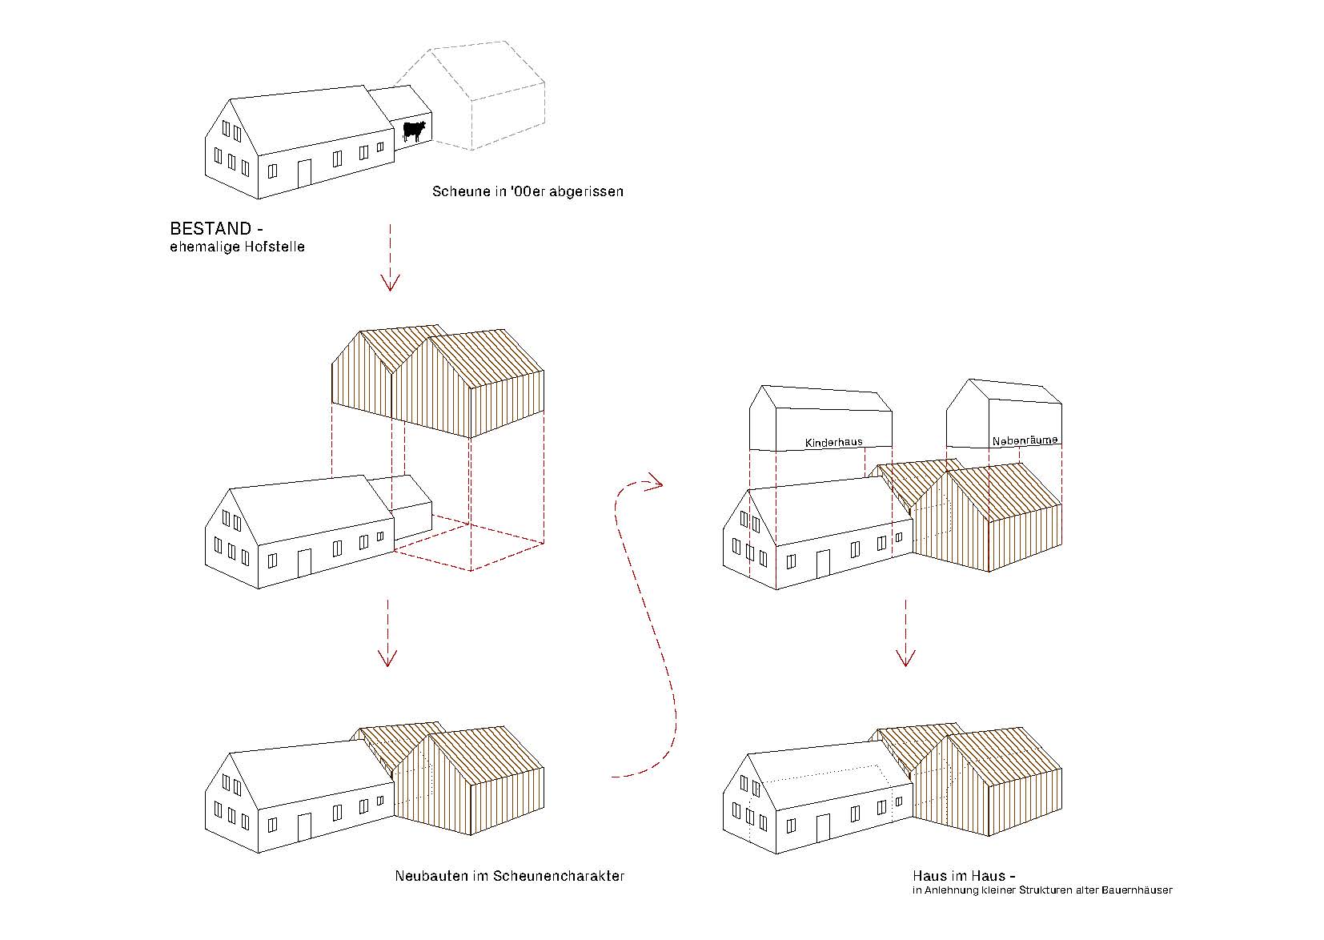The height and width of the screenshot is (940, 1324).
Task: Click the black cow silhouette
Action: pos(414,131)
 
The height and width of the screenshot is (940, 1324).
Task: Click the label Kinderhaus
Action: pos(833,442)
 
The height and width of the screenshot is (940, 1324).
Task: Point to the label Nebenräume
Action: pos(1025,440)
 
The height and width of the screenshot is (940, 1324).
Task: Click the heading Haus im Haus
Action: pos(958,875)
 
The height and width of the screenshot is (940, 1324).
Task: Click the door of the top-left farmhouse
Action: pos(304,173)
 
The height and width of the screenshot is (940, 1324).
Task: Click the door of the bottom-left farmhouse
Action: pos(304,826)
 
